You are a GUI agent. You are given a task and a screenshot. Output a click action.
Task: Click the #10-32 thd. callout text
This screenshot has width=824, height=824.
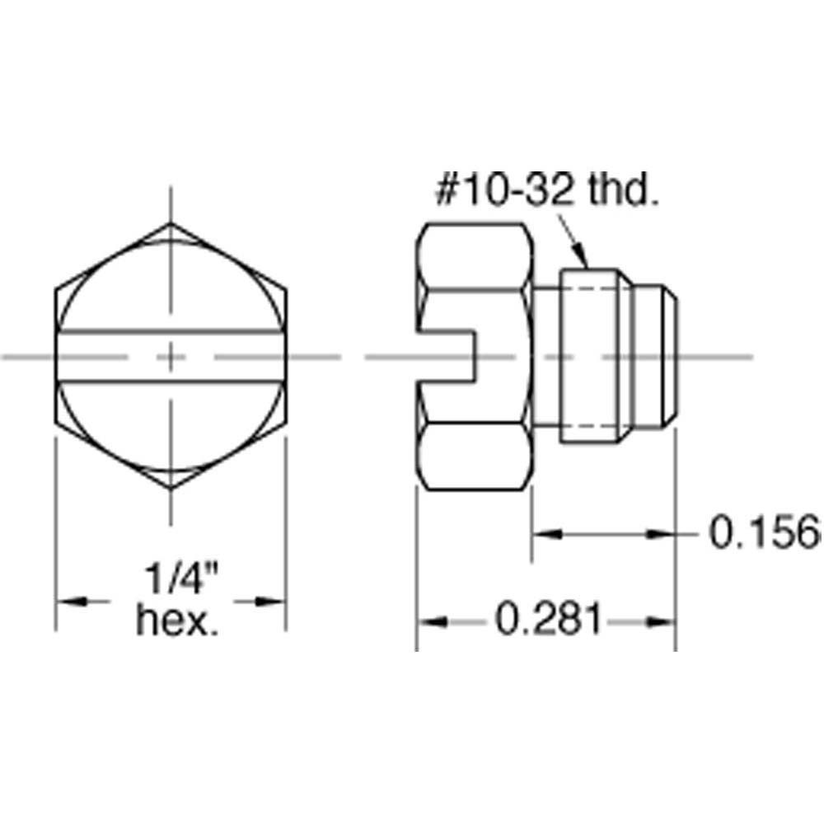click(x=547, y=190)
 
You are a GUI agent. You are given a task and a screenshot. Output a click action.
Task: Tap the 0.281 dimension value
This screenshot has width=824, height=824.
click(x=548, y=620)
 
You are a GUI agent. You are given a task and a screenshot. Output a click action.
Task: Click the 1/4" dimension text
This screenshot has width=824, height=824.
click(x=180, y=578)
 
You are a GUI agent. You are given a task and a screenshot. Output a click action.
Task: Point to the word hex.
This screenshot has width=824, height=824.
click(x=177, y=620)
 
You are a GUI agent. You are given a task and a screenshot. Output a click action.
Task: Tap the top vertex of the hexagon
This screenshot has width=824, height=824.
click(x=171, y=223)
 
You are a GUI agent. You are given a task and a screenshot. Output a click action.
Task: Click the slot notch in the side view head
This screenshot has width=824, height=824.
click(x=447, y=357)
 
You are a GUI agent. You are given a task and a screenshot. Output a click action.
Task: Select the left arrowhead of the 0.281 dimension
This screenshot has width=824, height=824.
click(x=432, y=622)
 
